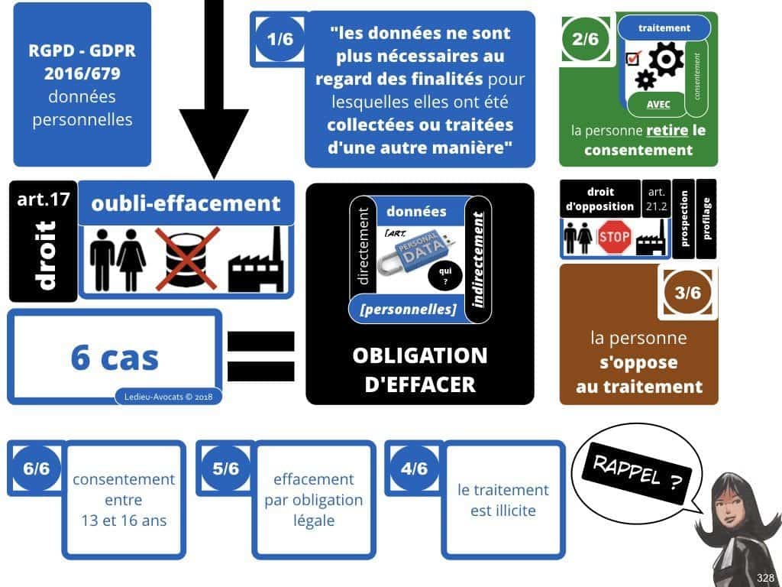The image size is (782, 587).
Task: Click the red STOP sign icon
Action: [614, 238]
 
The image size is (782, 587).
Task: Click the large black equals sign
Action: [260, 356]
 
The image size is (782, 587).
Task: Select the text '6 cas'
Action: [115, 357]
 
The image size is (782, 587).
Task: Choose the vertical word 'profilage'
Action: [706, 219]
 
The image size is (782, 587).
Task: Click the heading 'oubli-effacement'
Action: [186, 203]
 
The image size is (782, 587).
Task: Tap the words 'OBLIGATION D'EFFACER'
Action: [419, 369]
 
